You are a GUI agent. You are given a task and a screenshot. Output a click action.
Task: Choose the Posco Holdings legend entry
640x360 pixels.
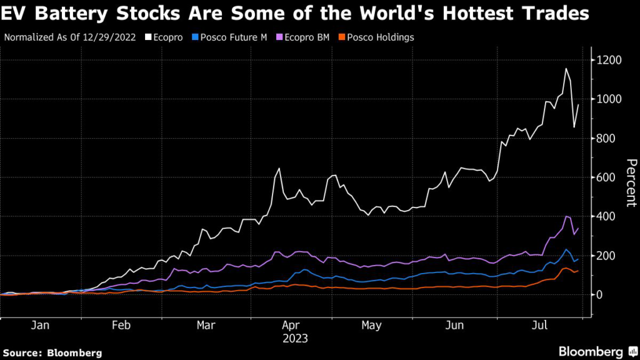pos(382,37)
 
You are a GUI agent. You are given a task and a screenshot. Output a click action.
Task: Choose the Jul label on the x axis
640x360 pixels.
pos(541,326)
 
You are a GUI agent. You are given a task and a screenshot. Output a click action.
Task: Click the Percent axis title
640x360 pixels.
pos(631,182)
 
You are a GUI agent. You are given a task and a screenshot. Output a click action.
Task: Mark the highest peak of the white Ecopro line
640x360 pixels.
pos(566,69)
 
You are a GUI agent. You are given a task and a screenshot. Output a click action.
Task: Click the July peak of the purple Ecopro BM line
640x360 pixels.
pos(566,216)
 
